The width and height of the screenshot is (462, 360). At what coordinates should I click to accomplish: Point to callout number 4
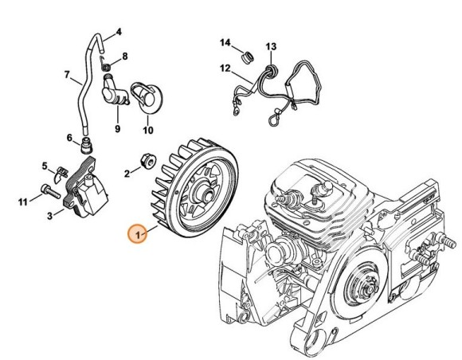119,32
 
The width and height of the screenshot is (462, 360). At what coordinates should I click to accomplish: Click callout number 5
45,166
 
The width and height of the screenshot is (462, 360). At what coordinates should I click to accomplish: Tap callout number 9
117,128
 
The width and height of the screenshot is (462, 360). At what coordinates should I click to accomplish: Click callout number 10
148,128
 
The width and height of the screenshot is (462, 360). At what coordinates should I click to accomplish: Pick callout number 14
225,41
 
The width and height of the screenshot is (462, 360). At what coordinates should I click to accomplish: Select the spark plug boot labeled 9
115,93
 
